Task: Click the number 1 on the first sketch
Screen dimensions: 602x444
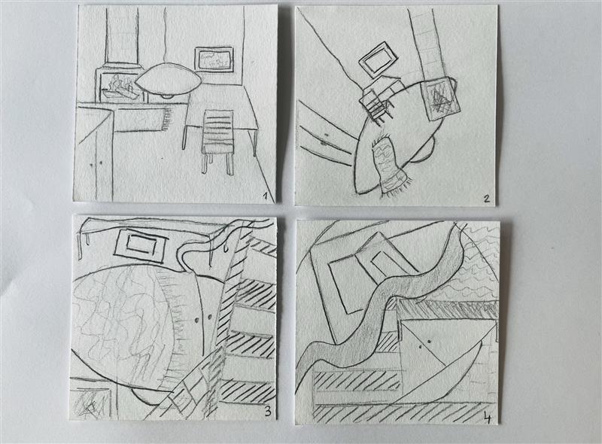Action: point(265,197)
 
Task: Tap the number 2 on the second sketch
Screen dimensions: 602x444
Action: point(486,199)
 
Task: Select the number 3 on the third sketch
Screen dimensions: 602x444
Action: point(268,412)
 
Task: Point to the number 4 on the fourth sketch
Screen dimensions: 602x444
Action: point(487,418)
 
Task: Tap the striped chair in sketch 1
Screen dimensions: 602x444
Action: point(217,141)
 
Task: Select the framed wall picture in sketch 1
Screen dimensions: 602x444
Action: point(214,59)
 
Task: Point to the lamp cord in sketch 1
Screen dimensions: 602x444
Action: point(165,35)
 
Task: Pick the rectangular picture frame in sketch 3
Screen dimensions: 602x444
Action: point(141,245)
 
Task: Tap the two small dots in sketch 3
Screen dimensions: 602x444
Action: point(203,318)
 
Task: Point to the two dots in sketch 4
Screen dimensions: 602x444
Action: point(424,343)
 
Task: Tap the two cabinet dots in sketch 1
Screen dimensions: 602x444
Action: point(96,163)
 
